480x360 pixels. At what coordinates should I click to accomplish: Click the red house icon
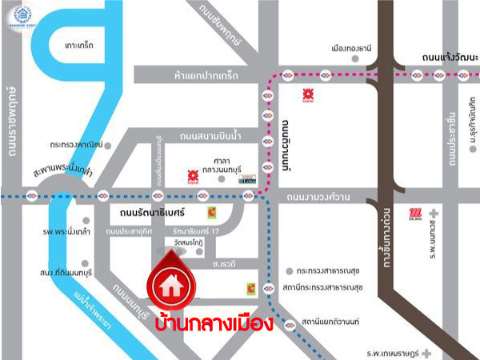click(x=169, y=284)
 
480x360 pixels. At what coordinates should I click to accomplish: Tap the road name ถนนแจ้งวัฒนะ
click(x=449, y=58)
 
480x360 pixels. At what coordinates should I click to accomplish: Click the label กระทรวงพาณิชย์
click(x=78, y=146)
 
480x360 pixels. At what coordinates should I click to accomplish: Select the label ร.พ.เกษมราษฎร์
click(x=394, y=351)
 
